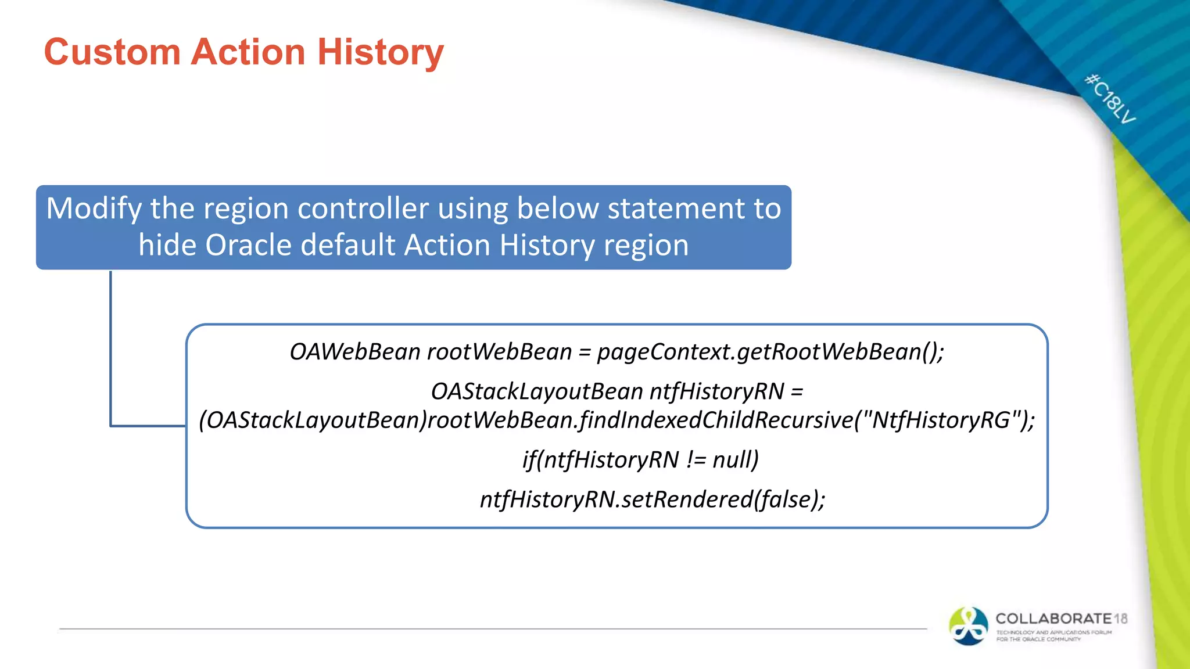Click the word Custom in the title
pos(112,52)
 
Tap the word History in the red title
pos(380,52)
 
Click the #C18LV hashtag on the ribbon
pos(1110,99)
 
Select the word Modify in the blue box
pos(94,208)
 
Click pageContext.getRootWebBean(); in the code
pos(770,352)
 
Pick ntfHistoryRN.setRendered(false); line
pos(652,499)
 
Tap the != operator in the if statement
pos(696,460)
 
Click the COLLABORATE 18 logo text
pos(1060,618)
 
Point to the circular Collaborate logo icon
pos(968,626)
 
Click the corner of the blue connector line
pos(111,426)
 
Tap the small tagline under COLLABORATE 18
pos(1053,636)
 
